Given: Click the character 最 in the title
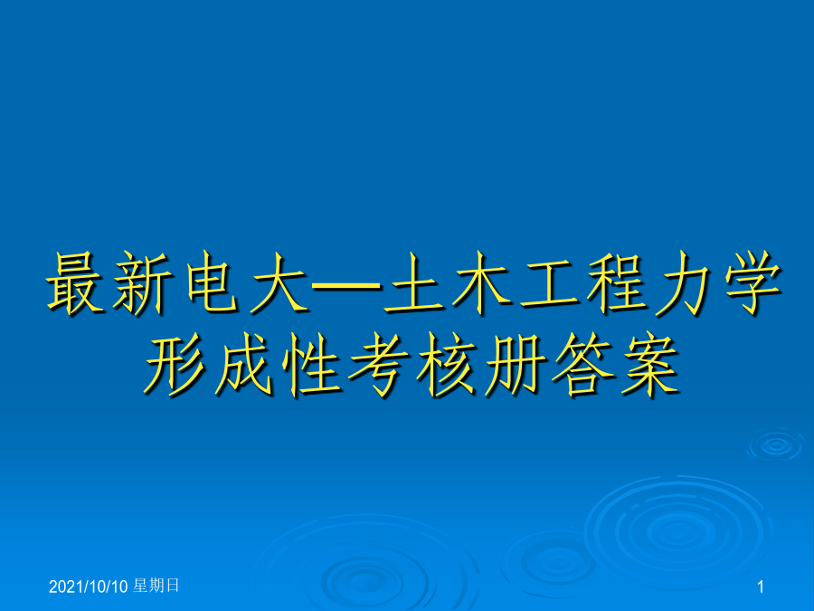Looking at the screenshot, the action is pyautogui.click(x=75, y=283).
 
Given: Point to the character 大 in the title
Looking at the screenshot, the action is pyautogui.click(x=279, y=283).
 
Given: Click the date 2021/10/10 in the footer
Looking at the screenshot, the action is pyautogui.click(x=89, y=587).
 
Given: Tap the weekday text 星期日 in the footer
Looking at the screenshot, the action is pyautogui.click(x=156, y=586).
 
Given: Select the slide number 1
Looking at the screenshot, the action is pyautogui.click(x=761, y=587).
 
